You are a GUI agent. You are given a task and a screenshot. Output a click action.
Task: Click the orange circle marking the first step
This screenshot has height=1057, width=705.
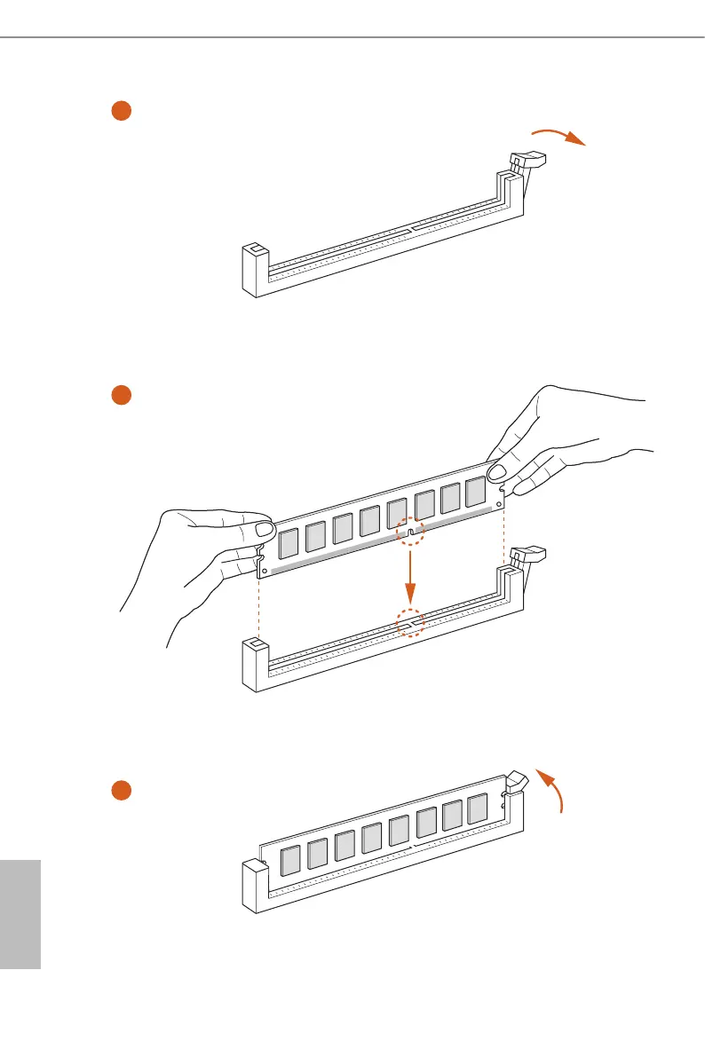[x=122, y=110]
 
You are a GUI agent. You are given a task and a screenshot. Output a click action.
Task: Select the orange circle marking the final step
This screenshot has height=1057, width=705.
[x=122, y=790]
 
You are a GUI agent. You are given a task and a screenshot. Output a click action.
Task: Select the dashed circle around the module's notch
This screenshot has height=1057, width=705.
[x=409, y=532]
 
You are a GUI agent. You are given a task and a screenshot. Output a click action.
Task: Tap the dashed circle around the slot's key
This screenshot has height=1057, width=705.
[x=410, y=623]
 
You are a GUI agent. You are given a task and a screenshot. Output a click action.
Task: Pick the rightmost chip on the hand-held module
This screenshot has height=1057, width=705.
[x=476, y=491]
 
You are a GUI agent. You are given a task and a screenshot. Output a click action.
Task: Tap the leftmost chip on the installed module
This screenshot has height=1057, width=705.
[x=289, y=861]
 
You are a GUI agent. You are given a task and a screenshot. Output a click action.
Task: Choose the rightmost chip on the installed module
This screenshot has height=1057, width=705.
[x=477, y=808]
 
